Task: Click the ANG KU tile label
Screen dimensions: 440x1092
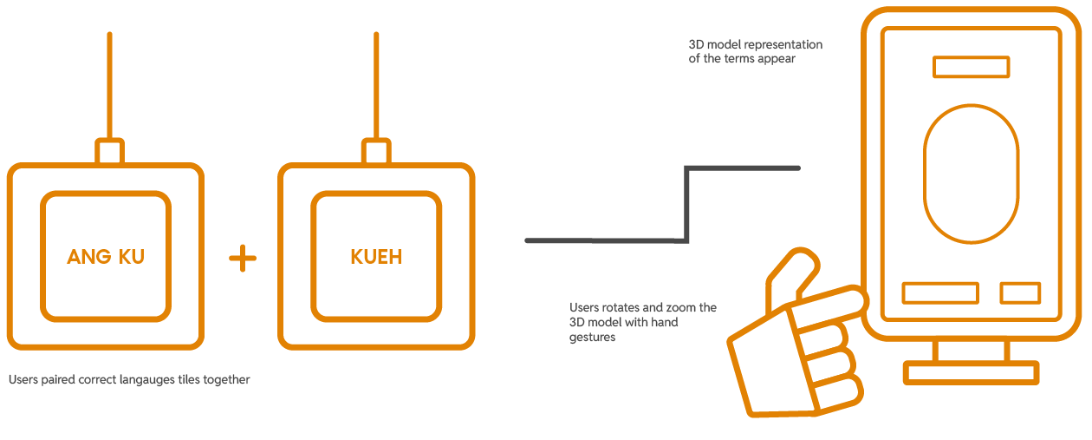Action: pyautogui.click(x=106, y=257)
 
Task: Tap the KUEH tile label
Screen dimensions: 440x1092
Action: pyautogui.click(x=376, y=257)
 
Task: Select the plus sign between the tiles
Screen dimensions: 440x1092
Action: pyautogui.click(x=243, y=258)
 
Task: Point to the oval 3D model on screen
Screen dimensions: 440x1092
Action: pyautogui.click(x=970, y=173)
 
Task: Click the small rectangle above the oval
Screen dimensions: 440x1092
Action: pyautogui.click(x=971, y=67)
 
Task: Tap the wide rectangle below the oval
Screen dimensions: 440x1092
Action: pyautogui.click(x=940, y=293)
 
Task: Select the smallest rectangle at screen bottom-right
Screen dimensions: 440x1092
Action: pyautogui.click(x=1020, y=293)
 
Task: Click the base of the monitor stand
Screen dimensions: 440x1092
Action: pyautogui.click(x=971, y=373)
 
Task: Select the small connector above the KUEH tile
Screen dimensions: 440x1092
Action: pyautogui.click(x=375, y=152)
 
